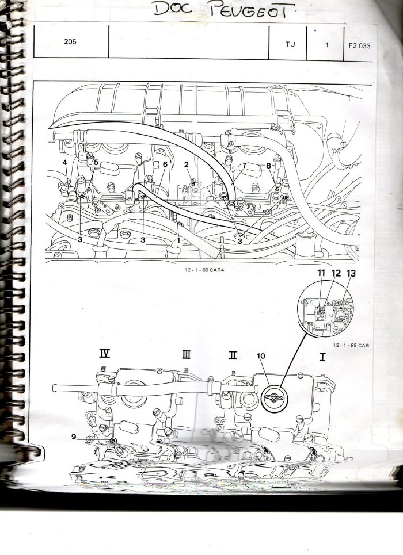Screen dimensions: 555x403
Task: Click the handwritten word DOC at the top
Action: click(175, 9)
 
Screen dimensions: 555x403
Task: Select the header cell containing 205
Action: click(70, 42)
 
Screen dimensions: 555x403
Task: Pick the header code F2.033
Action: click(359, 43)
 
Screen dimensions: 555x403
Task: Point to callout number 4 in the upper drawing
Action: click(65, 163)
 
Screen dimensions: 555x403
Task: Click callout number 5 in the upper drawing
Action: click(96, 163)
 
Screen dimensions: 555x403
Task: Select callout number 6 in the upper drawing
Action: click(165, 164)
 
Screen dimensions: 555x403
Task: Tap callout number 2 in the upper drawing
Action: click(187, 164)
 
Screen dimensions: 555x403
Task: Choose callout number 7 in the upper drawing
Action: click(244, 166)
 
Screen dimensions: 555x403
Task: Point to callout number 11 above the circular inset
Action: click(320, 273)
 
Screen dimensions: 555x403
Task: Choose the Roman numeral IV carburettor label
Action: click(104, 354)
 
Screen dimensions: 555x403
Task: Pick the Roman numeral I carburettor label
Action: click(322, 356)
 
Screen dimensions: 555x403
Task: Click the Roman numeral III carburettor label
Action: click(186, 354)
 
